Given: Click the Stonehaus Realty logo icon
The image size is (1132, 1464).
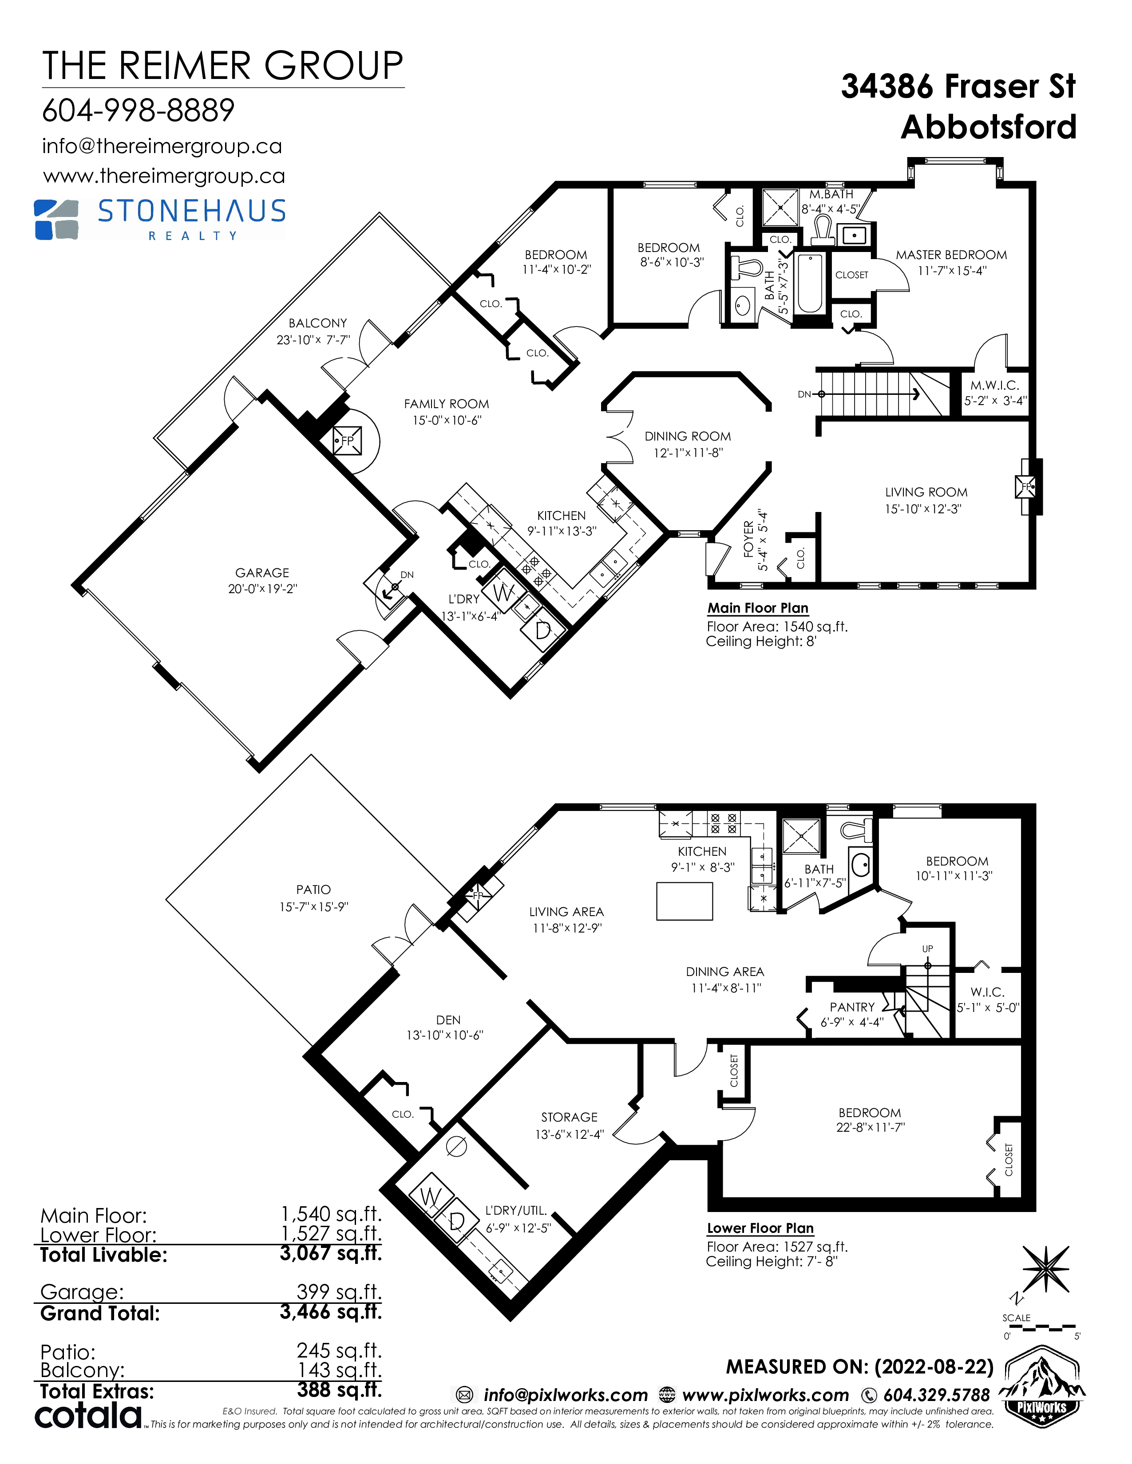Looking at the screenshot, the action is point(56,219).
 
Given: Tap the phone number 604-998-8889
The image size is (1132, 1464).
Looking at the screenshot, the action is point(138,110).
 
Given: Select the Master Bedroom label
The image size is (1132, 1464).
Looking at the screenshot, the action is point(951,255).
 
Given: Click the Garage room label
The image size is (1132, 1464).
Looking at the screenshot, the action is point(262,572).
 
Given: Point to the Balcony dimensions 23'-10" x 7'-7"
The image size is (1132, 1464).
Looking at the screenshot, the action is point(313,340).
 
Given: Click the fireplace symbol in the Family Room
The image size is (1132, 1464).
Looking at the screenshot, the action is point(348,441).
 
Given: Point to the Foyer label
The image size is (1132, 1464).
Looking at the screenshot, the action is point(749,539).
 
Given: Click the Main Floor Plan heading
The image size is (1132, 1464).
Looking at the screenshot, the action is point(758,608).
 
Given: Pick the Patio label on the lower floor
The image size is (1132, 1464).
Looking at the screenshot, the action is point(313,889).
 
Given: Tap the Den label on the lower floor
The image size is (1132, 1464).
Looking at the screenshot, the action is point(448,1019).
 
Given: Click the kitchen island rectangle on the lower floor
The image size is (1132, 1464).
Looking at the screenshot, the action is point(685,901).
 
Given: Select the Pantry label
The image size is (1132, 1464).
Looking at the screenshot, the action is point(852,1007).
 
